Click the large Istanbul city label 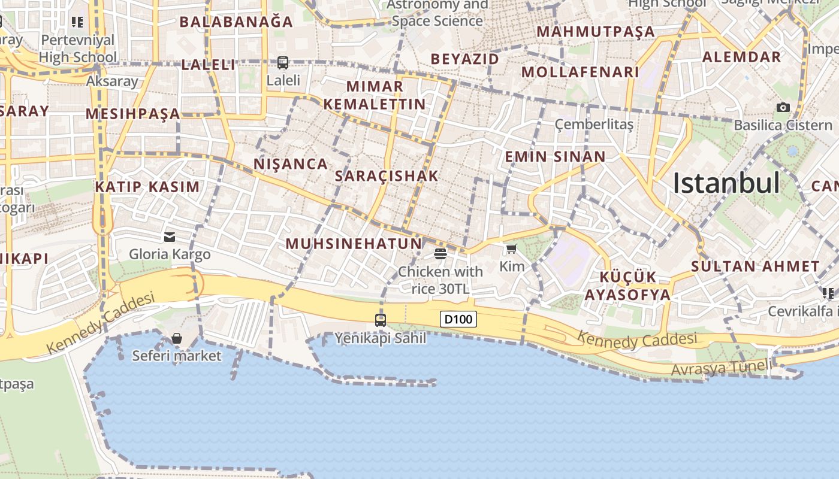[726, 183]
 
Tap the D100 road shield [458, 319]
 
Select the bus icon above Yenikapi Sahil [381, 320]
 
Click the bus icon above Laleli [283, 62]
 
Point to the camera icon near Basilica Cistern [783, 108]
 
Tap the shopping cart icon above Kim [511, 249]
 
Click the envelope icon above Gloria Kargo [170, 237]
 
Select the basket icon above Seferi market [177, 339]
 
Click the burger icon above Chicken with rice [440, 254]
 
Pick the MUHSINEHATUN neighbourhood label [354, 244]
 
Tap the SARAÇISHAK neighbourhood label [387, 176]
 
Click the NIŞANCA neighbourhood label [291, 164]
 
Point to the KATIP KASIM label [147, 187]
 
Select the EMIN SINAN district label [555, 157]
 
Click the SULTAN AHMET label [755, 267]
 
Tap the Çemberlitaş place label [594, 125]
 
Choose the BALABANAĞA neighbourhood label [236, 22]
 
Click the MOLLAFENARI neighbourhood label [580, 72]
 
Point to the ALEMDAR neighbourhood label [741, 57]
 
